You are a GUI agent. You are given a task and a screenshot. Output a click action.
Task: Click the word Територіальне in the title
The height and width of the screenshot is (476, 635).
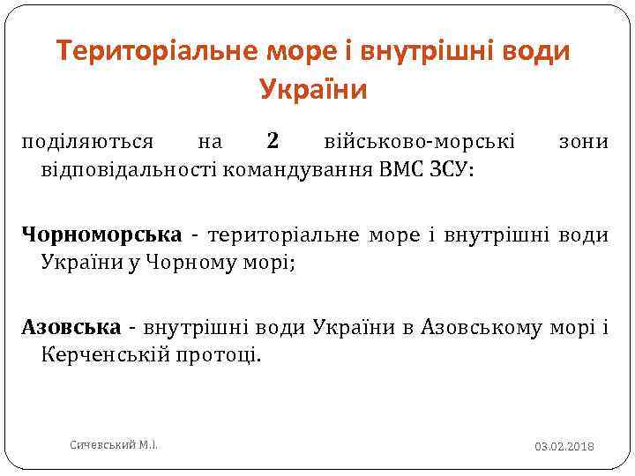click(158, 52)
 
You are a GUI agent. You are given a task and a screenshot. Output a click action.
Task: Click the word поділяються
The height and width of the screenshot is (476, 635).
click(88, 141)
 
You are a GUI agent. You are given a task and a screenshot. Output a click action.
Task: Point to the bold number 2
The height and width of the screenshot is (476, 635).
click(273, 140)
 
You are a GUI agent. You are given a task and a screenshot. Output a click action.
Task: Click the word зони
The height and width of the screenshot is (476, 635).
click(583, 141)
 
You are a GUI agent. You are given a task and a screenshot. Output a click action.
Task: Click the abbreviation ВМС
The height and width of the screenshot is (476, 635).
click(402, 168)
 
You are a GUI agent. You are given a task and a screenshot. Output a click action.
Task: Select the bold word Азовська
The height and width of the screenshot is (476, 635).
click(71, 328)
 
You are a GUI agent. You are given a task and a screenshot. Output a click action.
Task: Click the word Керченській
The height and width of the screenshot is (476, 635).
click(110, 355)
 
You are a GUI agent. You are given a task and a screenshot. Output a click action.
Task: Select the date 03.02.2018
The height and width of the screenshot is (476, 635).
click(564, 447)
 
